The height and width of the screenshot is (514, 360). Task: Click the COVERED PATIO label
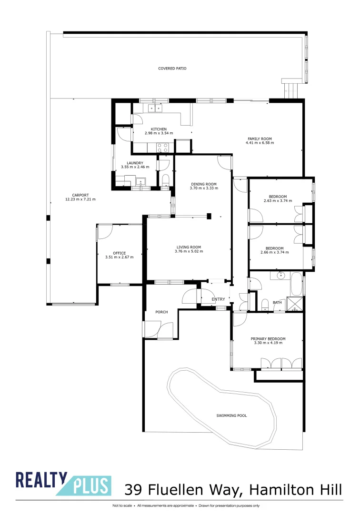(x=172, y=69)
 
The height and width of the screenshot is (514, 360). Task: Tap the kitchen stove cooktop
(x=162, y=148)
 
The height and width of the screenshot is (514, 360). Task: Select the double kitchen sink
(x=155, y=108)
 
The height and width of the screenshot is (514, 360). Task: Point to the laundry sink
(x=141, y=181)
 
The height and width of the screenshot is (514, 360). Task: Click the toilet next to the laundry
(x=165, y=180)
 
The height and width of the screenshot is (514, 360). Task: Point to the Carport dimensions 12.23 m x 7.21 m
(x=80, y=199)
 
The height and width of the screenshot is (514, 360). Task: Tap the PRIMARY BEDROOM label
(x=268, y=338)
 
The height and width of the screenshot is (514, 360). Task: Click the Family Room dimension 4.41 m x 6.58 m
(x=260, y=143)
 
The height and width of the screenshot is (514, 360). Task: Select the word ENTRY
(x=218, y=299)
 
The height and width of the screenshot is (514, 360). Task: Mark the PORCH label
(x=161, y=312)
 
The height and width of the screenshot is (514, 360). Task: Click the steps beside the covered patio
(x=291, y=89)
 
